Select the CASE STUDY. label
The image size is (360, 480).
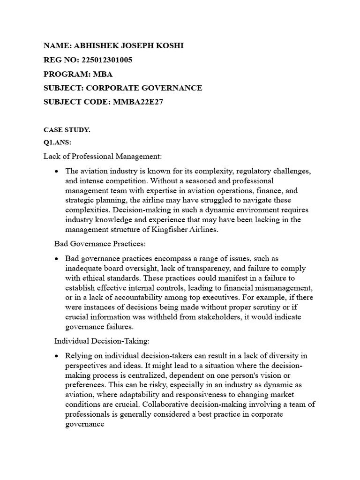coord(67,130)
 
